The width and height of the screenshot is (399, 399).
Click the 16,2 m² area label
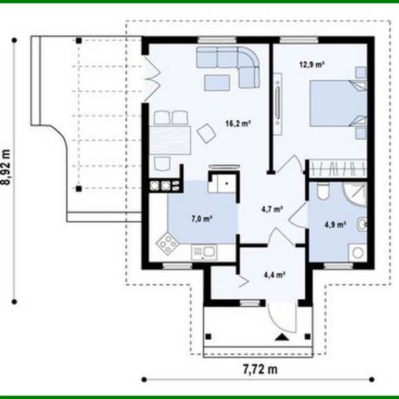click(x=237, y=123)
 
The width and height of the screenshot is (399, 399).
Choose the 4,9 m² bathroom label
click(x=335, y=224)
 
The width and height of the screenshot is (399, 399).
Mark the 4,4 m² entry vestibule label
click(x=274, y=273)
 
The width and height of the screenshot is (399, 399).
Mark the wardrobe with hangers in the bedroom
click(x=336, y=168)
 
